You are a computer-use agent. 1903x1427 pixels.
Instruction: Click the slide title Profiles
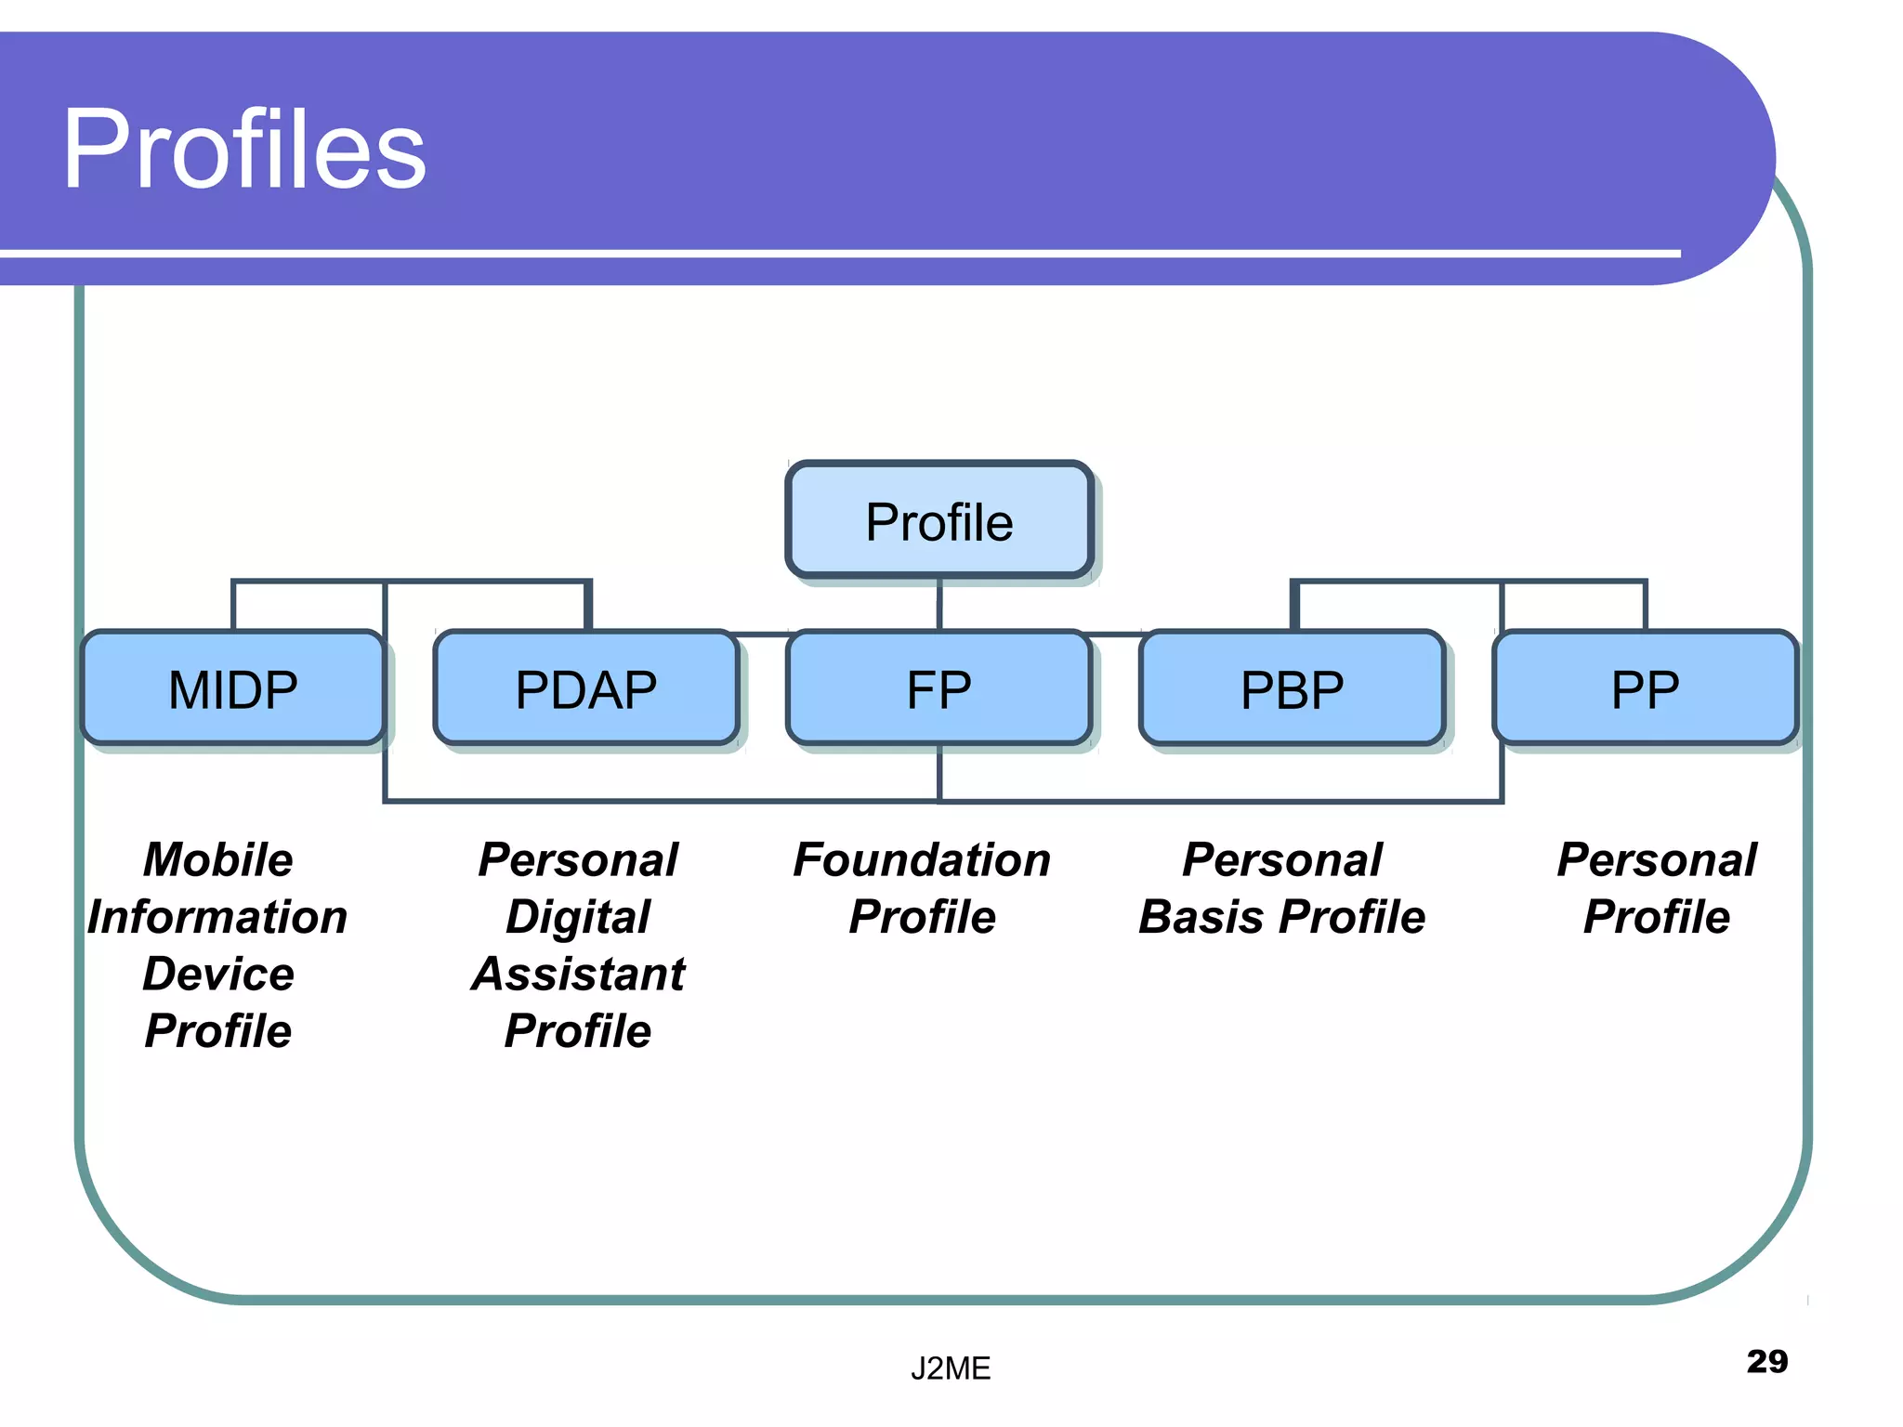[x=243, y=149]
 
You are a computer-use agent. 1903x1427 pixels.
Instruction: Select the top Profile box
[x=938, y=520]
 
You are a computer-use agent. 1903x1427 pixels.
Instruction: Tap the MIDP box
[x=232, y=688]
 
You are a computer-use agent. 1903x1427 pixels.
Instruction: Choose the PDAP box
[x=585, y=688]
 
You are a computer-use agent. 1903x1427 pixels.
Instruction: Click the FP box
[x=938, y=688]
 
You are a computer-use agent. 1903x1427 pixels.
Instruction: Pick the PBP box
[x=1292, y=688]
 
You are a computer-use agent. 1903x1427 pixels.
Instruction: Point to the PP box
[x=1645, y=688]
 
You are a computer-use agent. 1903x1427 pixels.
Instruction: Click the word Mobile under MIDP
[x=218, y=859]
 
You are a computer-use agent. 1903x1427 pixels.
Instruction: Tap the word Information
[x=217, y=917]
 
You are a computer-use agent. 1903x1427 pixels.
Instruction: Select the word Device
[x=218, y=974]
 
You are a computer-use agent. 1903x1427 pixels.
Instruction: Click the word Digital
[x=578, y=917]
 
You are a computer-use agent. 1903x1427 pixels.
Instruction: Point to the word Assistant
[x=578, y=974]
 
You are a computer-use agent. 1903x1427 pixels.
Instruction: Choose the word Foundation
[x=922, y=859]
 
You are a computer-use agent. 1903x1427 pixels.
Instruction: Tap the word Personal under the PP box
[x=1657, y=859]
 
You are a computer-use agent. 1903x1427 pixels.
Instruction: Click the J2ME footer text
[x=951, y=1368]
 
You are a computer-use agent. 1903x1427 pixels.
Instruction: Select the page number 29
[x=1766, y=1361]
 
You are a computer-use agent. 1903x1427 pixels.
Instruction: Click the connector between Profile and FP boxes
[x=939, y=604]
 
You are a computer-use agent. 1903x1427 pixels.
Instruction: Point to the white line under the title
[x=836, y=253]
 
